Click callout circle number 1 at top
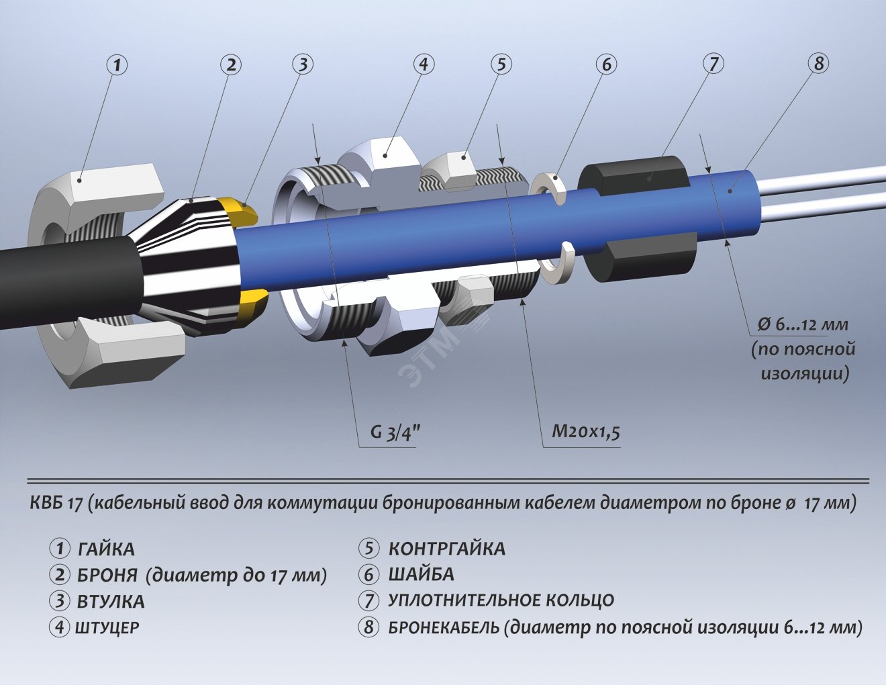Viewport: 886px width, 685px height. point(117,65)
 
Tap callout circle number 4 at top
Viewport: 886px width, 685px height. point(423,64)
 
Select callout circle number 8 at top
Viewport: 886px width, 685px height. point(818,64)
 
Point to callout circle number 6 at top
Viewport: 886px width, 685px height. point(606,64)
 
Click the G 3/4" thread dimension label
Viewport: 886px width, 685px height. point(395,432)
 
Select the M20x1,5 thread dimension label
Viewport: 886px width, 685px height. point(585,431)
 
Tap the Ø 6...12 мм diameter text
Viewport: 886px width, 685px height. point(803,324)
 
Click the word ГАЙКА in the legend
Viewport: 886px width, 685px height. point(106,549)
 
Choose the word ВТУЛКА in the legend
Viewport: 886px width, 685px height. point(111,601)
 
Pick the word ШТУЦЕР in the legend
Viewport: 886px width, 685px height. point(107,627)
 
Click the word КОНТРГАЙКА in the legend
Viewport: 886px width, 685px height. point(446,549)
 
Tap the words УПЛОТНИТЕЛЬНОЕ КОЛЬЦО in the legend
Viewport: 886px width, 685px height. point(501,600)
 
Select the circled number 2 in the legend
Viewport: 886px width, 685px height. point(60,575)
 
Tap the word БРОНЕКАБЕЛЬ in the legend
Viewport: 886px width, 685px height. point(443,627)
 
